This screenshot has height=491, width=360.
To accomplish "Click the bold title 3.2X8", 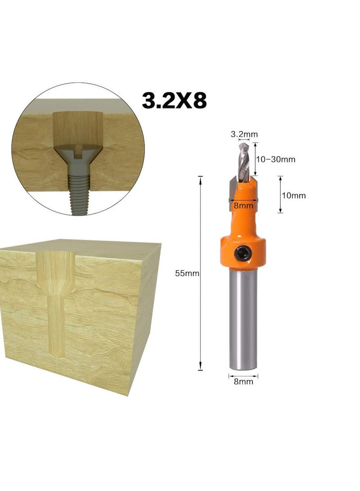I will (x=174, y=100).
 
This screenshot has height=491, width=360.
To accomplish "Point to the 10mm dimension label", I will (x=293, y=195).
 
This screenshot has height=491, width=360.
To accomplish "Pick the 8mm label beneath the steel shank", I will (x=243, y=382).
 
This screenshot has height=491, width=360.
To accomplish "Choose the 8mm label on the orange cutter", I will (x=243, y=205).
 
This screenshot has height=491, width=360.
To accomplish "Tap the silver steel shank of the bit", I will (x=243, y=315).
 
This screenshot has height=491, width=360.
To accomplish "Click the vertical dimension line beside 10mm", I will (x=280, y=195).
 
